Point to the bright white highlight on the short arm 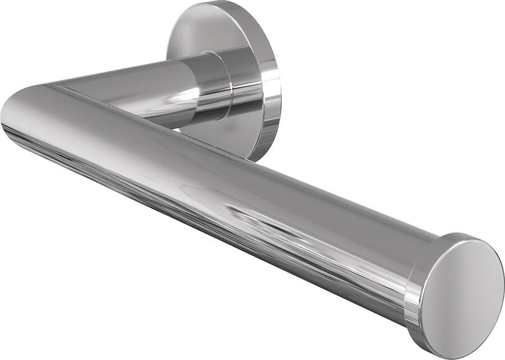click(177, 96)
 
